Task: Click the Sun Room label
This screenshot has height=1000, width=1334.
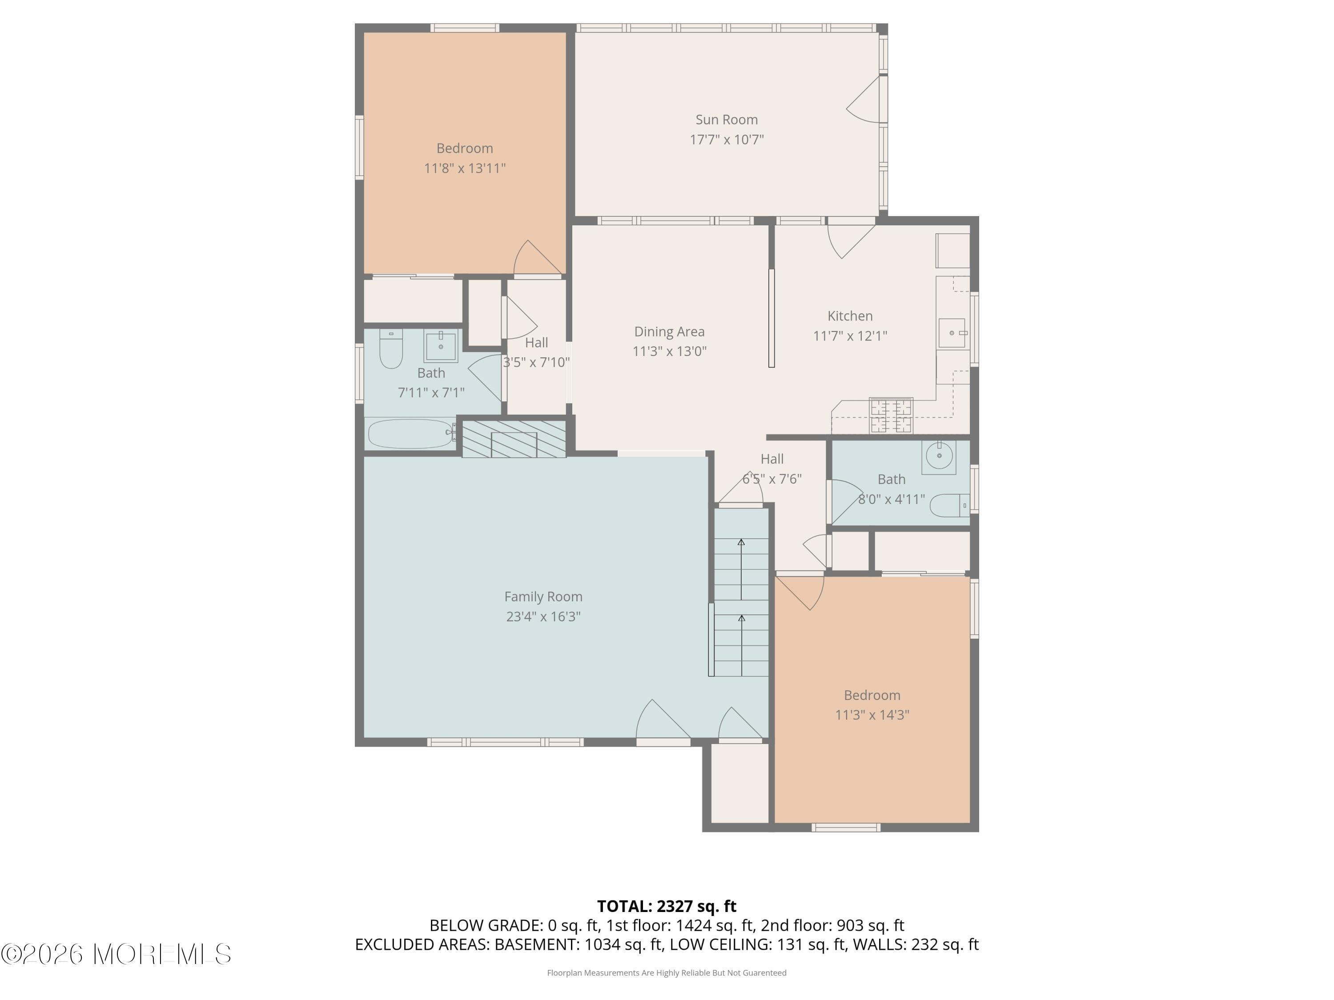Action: tap(726, 120)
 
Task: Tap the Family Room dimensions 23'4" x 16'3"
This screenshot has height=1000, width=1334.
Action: tap(543, 616)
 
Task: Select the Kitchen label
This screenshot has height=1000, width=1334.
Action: tap(850, 316)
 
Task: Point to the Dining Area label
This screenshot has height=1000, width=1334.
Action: tap(669, 332)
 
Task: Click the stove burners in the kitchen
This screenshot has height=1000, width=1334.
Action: tap(891, 415)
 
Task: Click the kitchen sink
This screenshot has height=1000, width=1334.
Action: tap(952, 333)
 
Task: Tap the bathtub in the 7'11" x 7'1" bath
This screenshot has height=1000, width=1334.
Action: tap(410, 433)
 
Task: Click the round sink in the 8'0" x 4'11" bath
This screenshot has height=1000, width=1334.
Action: tap(939, 456)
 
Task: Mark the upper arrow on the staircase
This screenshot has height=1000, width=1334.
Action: tap(741, 543)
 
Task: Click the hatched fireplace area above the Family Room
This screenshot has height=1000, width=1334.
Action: tap(514, 438)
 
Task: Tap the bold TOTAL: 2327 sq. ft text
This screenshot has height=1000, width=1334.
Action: tap(667, 906)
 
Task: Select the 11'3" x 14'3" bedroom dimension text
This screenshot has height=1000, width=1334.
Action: tap(872, 715)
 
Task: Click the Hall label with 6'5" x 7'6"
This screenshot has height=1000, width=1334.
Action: tap(772, 459)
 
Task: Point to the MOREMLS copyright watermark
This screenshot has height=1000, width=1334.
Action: tap(116, 954)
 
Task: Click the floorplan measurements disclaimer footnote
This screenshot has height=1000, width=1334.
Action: tap(667, 973)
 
